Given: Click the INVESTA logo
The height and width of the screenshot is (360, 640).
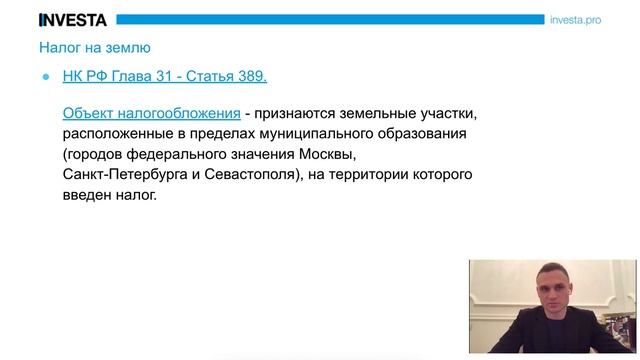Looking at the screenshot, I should (x=73, y=19).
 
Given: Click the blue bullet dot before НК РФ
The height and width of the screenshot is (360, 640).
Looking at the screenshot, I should (x=46, y=77).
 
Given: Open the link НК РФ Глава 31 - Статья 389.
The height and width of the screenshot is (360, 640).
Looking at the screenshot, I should (x=165, y=77).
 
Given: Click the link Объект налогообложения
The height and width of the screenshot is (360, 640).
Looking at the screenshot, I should (x=151, y=113).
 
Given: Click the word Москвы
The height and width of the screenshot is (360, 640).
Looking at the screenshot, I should (x=326, y=155).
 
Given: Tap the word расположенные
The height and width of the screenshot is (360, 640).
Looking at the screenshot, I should (x=116, y=134).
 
